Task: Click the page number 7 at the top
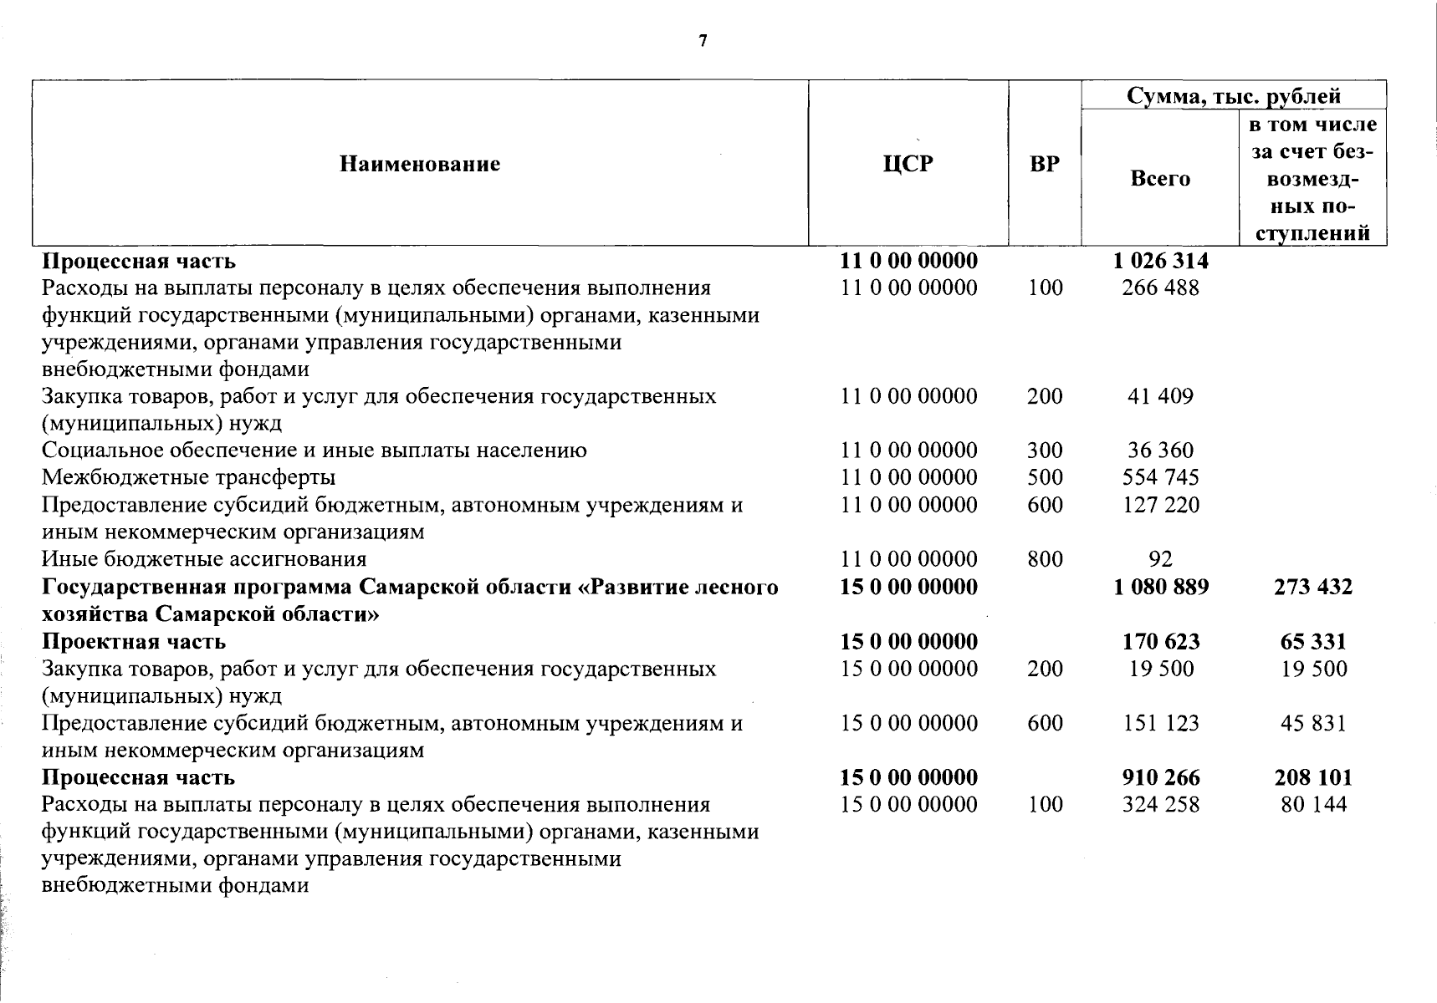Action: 703,41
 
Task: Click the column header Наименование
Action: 420,164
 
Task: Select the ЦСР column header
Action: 908,164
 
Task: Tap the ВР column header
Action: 1044,164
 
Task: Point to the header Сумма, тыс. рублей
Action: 1234,95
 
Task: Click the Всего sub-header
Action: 1159,178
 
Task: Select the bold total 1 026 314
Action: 1160,261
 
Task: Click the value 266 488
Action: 1160,288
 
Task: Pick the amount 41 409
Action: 1160,396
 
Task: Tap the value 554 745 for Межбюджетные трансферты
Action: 1160,477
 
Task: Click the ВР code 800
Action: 1045,559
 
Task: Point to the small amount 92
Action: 1160,559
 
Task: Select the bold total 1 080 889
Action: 1160,587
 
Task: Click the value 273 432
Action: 1312,587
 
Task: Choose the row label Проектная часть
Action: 134,642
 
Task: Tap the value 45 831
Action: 1312,723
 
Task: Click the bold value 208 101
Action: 1312,777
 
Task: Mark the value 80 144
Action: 1312,805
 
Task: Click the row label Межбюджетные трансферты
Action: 189,477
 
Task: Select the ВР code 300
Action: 1045,451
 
